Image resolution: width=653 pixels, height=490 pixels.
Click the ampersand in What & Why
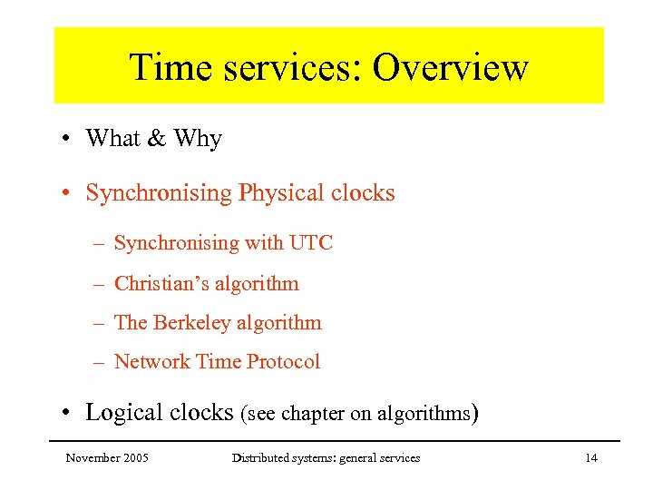pos(157,139)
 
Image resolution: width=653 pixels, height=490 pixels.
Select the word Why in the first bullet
pos(198,139)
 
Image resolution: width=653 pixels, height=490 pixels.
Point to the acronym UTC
pos(311,243)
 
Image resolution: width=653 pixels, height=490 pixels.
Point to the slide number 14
pos(590,458)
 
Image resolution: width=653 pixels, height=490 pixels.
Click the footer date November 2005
pos(107,458)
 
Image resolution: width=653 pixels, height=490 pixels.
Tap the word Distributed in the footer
pos(258,458)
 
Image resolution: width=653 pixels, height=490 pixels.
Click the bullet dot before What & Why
pos(67,140)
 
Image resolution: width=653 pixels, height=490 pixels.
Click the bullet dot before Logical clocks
pos(67,414)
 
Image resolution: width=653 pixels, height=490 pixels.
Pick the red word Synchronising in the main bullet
pos(159,193)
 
